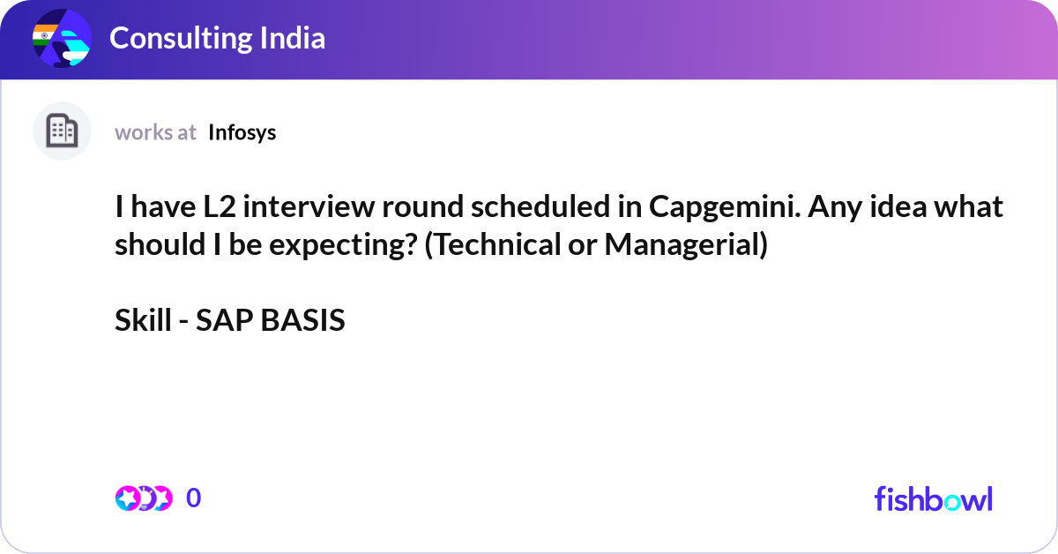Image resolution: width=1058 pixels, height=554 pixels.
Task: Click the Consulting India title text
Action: (x=217, y=38)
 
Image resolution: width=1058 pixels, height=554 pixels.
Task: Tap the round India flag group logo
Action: (x=62, y=38)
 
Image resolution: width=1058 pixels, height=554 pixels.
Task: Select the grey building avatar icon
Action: (x=62, y=131)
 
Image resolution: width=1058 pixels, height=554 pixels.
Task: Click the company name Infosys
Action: (x=242, y=133)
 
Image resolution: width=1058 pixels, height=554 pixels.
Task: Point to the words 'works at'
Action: (x=155, y=133)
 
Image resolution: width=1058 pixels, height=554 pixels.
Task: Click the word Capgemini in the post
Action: (x=725, y=207)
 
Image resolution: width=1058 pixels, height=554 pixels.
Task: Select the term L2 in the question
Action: (x=220, y=206)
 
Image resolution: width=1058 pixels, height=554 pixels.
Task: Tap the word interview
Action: (x=309, y=206)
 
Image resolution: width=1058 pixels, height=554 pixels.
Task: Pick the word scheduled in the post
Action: (x=540, y=206)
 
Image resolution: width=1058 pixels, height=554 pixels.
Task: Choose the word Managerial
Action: (x=686, y=245)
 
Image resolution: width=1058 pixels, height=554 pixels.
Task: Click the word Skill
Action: (x=143, y=319)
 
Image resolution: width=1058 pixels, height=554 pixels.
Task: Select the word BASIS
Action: (x=302, y=320)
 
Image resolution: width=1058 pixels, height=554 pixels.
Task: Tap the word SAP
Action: (x=224, y=320)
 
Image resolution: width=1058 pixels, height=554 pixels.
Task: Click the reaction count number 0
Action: (x=194, y=498)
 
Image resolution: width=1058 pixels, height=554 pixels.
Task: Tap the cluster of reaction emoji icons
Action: (x=144, y=498)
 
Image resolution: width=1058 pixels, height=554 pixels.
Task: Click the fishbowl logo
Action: (x=934, y=498)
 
